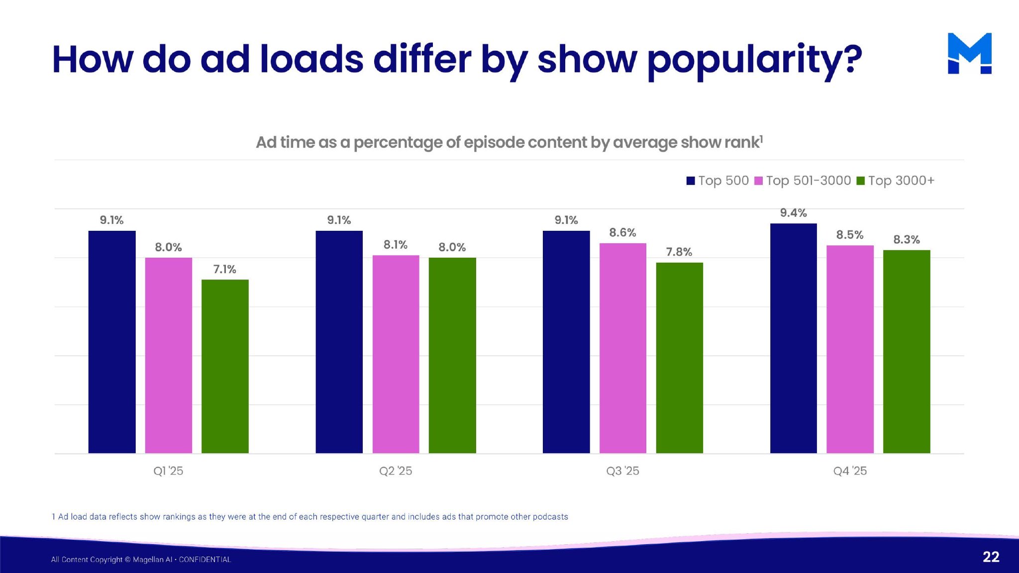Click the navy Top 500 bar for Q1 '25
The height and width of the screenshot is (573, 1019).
click(112, 342)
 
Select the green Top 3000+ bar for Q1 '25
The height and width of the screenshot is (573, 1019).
click(225, 366)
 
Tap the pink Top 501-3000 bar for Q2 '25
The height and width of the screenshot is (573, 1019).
click(396, 354)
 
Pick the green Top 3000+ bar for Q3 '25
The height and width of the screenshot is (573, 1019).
click(679, 358)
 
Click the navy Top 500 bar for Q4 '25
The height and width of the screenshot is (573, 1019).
click(793, 338)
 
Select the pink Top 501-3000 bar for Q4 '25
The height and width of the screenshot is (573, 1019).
click(850, 349)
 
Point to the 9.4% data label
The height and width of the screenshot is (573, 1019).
click(793, 213)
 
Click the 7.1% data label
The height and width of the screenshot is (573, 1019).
click(225, 269)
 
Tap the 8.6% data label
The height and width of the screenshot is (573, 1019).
click(622, 232)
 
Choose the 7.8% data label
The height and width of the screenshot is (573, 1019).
click(679, 252)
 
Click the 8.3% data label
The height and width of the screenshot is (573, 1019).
click(907, 239)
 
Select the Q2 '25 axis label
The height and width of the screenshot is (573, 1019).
click(396, 471)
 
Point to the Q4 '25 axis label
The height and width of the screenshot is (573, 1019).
click(850, 471)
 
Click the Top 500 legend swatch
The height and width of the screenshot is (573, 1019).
click(691, 181)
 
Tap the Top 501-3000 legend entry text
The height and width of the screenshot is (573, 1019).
click(809, 181)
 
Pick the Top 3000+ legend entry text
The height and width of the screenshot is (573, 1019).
click(901, 181)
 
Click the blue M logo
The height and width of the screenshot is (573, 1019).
click(969, 53)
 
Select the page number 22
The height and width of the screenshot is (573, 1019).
click(991, 557)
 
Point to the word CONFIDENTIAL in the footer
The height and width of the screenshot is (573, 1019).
click(205, 560)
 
